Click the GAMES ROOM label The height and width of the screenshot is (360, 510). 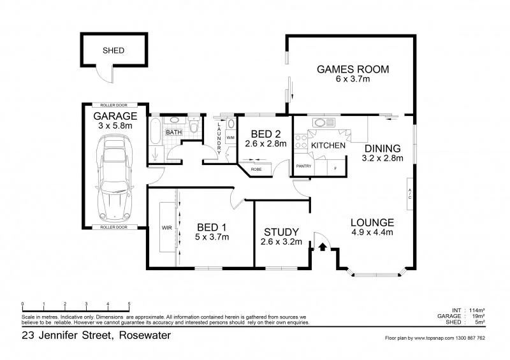pos(353,69)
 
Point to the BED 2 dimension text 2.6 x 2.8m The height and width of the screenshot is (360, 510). pos(266,144)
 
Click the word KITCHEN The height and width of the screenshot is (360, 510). pos(328,146)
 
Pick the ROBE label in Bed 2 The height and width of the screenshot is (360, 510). pos(256,169)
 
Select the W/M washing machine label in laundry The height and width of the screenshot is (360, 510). pos(230,138)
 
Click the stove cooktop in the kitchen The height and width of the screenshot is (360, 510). pos(300,144)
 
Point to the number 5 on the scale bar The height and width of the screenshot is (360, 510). pos(129,303)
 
